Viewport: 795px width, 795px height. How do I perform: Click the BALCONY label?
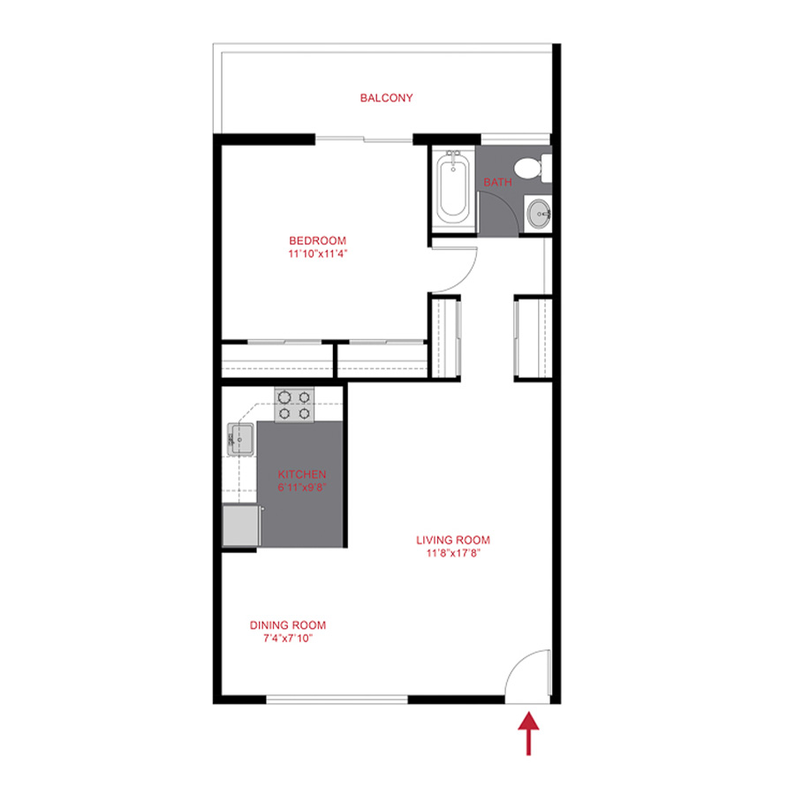(386, 98)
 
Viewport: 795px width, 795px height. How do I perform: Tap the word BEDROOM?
(317, 240)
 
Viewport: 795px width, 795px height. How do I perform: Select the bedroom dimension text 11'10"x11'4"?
(317, 254)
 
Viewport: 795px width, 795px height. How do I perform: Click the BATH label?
(497, 182)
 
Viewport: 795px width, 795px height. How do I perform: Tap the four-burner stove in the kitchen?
(294, 404)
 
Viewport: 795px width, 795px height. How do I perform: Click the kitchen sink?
(241, 439)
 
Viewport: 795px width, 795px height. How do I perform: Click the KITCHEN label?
(302, 474)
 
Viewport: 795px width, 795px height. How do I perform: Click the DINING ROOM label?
(282, 625)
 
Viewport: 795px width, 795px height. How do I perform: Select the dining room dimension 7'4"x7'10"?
(282, 638)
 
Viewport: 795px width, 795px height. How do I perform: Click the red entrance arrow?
(528, 733)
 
